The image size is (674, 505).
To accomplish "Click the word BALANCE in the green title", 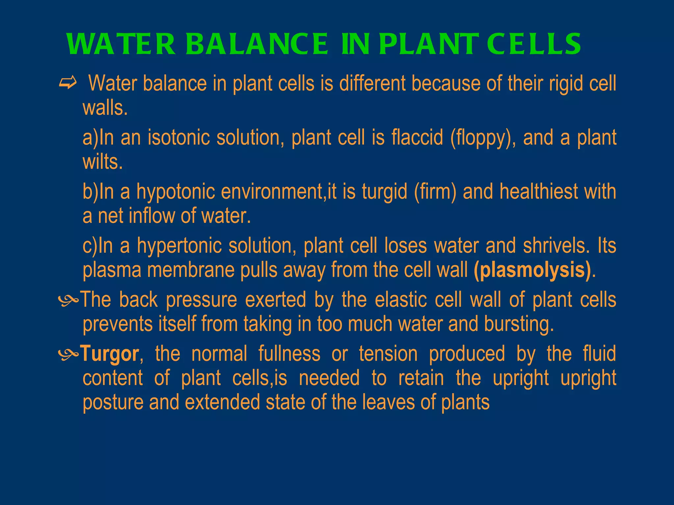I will pyautogui.click(x=257, y=44).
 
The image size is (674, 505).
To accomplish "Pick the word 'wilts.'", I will pyautogui.click(x=103, y=162).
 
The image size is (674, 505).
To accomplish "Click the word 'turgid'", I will pyautogui.click(x=384, y=192).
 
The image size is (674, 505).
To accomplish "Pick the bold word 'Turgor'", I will pyautogui.click(x=110, y=354).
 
